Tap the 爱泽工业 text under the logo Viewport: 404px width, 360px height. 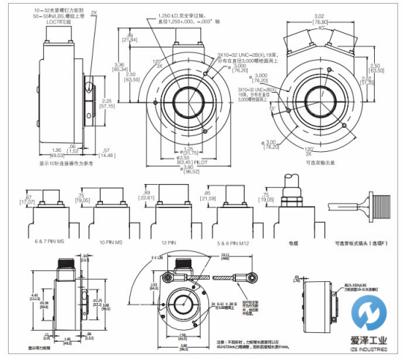click(369, 341)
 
